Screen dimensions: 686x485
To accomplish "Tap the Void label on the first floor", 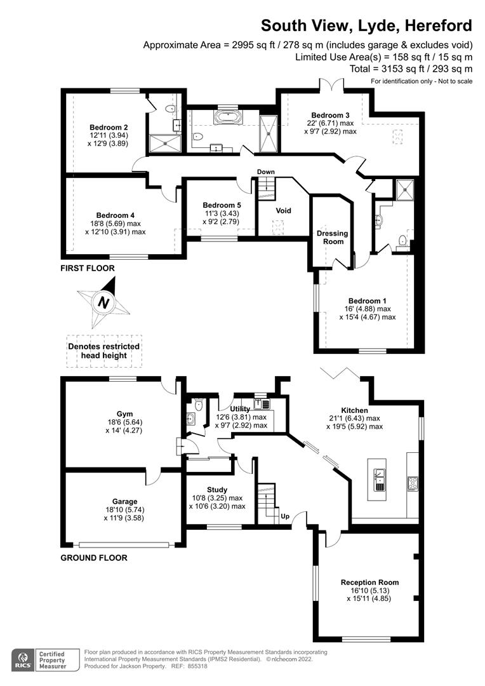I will click(x=283, y=210).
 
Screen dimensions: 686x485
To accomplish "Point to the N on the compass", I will click(x=103, y=304).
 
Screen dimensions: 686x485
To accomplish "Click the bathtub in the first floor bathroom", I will click(x=227, y=117).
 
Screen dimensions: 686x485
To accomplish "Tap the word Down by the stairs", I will click(x=266, y=172).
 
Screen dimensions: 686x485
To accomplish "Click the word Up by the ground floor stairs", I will click(x=285, y=516).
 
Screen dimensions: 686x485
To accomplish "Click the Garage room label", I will click(x=124, y=501).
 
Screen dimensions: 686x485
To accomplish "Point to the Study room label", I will click(x=218, y=490).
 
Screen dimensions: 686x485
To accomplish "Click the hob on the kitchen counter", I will click(x=412, y=483).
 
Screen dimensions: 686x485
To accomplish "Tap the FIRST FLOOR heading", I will click(x=88, y=268).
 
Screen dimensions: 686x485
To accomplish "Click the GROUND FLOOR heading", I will click(x=93, y=558).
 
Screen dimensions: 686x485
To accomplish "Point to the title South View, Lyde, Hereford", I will click(x=367, y=25).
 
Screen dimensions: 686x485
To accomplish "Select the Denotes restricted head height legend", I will click(x=103, y=351).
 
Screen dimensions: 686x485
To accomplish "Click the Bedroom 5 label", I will click(x=218, y=205).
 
